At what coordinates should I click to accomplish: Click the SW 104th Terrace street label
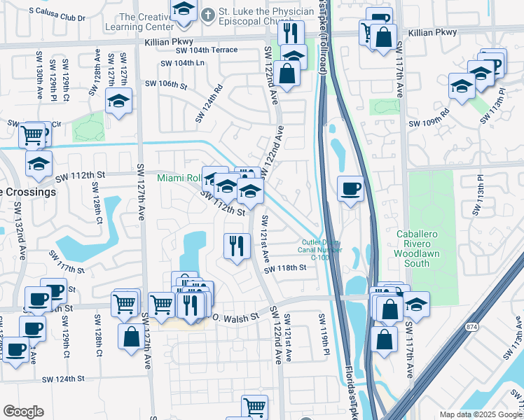[x=207, y=50]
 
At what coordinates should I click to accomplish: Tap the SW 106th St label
[x=166, y=85]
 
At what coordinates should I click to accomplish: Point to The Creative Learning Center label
[x=146, y=21]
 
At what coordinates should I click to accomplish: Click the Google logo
[x=23, y=412]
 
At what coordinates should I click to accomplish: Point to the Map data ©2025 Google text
[x=481, y=414]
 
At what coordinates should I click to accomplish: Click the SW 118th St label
[x=285, y=268]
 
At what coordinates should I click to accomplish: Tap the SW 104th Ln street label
[x=182, y=63]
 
